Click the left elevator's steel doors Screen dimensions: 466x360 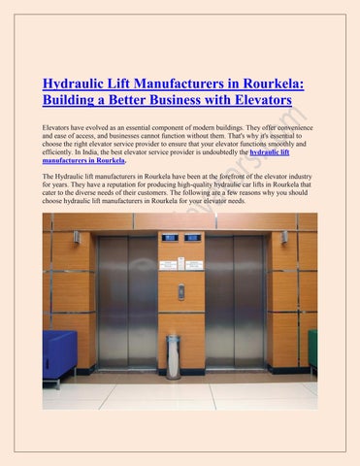(127, 301)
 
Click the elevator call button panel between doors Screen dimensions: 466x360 (180, 292)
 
